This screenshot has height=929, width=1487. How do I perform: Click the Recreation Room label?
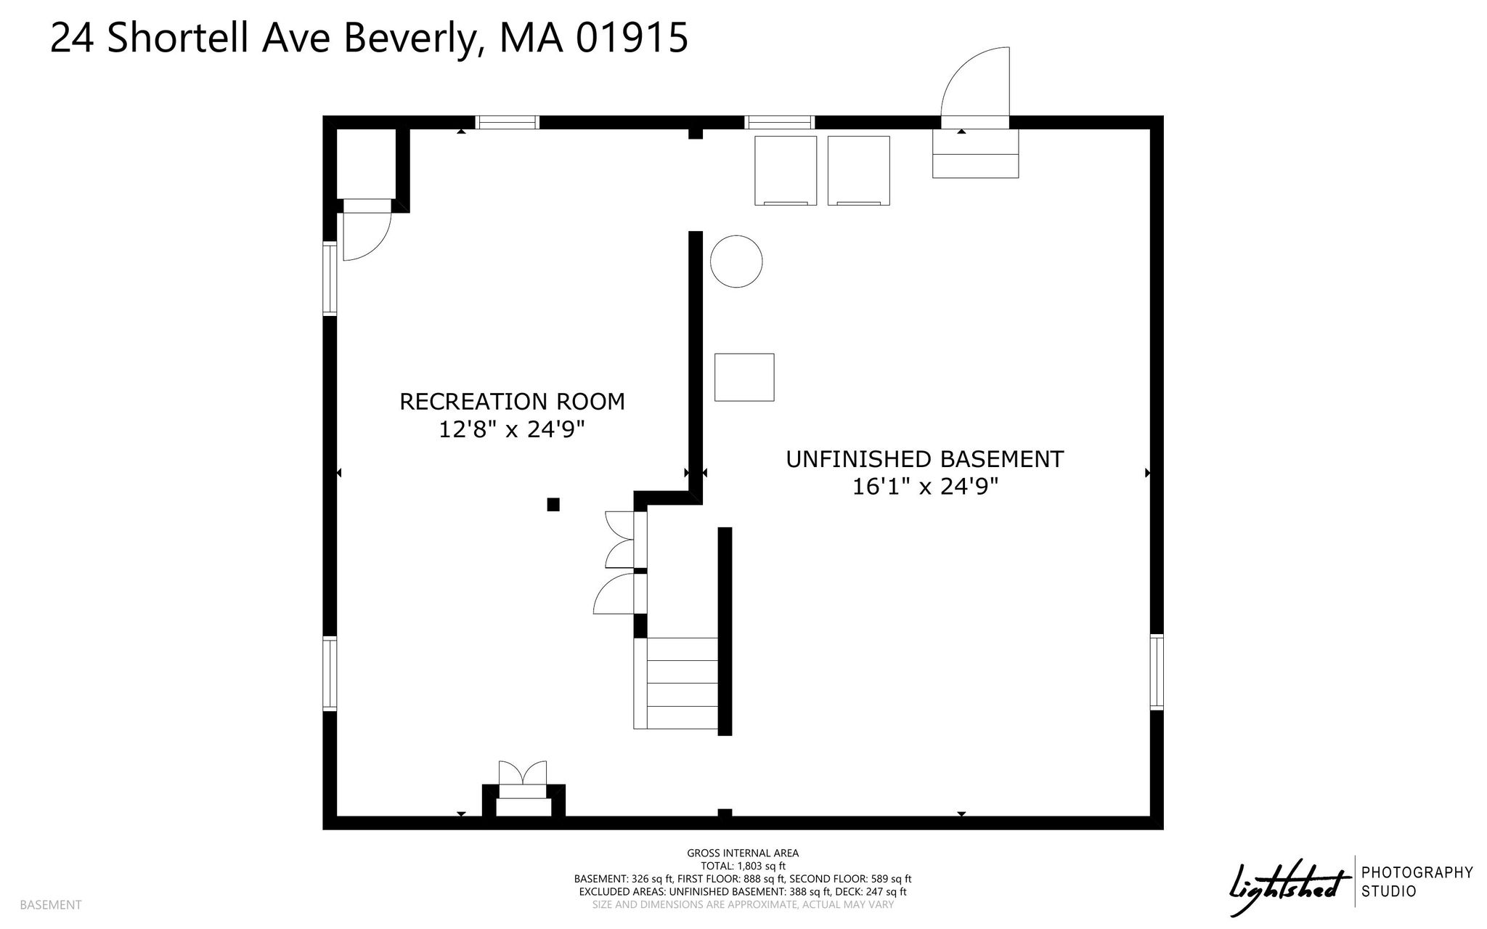pyautogui.click(x=512, y=402)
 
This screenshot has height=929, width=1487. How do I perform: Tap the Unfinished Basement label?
pyautogui.click(x=924, y=459)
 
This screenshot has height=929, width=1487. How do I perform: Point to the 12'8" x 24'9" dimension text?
pyautogui.click(x=512, y=430)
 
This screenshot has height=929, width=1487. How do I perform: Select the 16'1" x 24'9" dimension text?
pyautogui.click(x=925, y=487)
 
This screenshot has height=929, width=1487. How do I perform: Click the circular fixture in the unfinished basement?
pyautogui.click(x=736, y=261)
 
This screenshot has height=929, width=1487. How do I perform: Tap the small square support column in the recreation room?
pyautogui.click(x=553, y=504)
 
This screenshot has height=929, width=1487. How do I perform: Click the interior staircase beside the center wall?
pyautogui.click(x=676, y=683)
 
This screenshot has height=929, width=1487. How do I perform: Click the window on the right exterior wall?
pyautogui.click(x=1157, y=672)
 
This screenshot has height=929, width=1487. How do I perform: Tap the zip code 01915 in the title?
pyautogui.click(x=632, y=38)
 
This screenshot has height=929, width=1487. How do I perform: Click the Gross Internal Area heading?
pyautogui.click(x=743, y=853)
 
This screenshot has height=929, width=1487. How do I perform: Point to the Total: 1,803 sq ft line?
pyautogui.click(x=743, y=866)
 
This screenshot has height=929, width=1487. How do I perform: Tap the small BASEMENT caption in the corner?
pyautogui.click(x=51, y=905)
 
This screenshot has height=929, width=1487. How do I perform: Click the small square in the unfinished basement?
pyautogui.click(x=744, y=377)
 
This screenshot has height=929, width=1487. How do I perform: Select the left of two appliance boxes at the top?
pyautogui.click(x=786, y=171)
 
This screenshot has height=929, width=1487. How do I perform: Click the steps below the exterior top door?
pyautogui.click(x=976, y=153)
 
